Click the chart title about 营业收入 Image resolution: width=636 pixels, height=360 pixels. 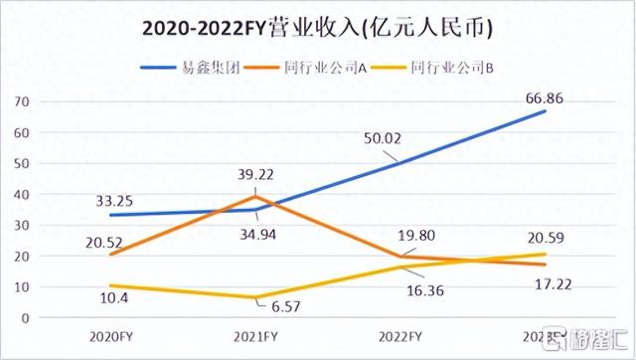pyautogui.click(x=317, y=28)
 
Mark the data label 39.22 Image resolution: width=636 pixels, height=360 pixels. pyautogui.click(x=256, y=173)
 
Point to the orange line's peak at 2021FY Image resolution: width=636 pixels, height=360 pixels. pyautogui.click(x=257, y=196)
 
